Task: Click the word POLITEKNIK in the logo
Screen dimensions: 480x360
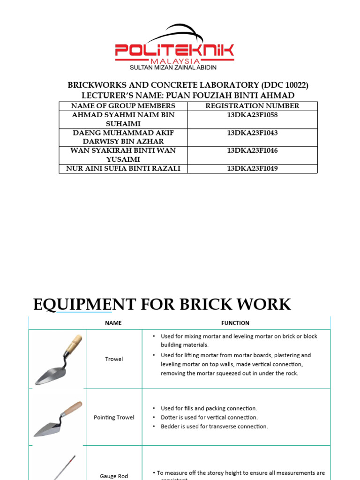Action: pyautogui.click(x=174, y=51)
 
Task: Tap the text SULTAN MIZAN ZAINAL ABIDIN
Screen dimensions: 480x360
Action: pyautogui.click(x=173, y=67)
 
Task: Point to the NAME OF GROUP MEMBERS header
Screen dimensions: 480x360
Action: pyautogui.click(x=123, y=106)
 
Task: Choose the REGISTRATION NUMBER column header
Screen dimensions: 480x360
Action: pyautogui.click(x=252, y=106)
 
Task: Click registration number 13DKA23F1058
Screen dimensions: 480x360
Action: pyautogui.click(x=252, y=115)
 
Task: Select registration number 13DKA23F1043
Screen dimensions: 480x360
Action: pyautogui.click(x=252, y=133)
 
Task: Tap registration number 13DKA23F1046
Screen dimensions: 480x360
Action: pyautogui.click(x=252, y=150)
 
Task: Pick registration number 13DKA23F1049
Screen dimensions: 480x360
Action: pyautogui.click(x=252, y=168)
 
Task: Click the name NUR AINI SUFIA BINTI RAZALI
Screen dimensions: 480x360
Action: pyautogui.click(x=123, y=168)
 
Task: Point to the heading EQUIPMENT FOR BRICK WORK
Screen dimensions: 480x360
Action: pyautogui.click(x=162, y=304)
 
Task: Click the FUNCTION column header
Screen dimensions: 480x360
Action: pyautogui.click(x=235, y=323)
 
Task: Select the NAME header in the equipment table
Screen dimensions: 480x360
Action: pyautogui.click(x=113, y=323)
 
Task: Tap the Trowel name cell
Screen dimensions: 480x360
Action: pyautogui.click(x=114, y=359)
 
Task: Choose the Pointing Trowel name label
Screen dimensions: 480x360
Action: pyautogui.click(x=114, y=417)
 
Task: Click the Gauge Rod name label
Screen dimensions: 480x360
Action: pyautogui.click(x=114, y=476)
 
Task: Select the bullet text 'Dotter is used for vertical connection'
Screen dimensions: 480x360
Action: pyautogui.click(x=209, y=417)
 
